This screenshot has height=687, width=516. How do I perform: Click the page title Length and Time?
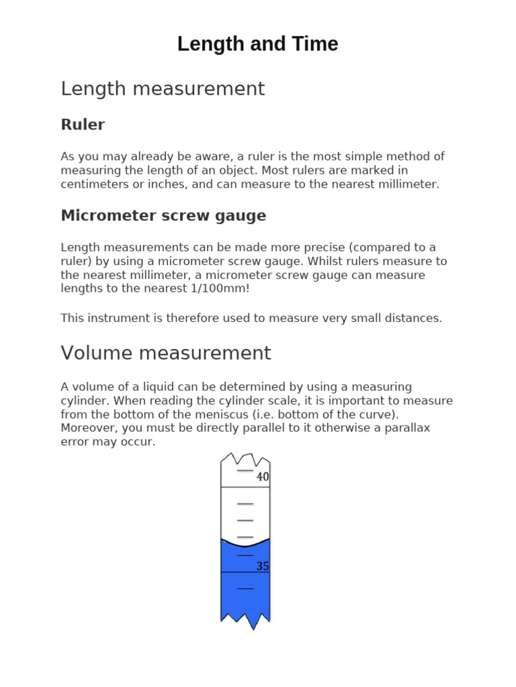[257, 44]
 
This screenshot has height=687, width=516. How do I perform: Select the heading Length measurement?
[163, 89]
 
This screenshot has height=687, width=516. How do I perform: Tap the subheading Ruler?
[83, 125]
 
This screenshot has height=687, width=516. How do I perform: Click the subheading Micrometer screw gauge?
[163, 216]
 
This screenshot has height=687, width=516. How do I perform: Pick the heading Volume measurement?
[166, 354]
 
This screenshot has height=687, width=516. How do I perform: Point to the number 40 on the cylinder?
[263, 477]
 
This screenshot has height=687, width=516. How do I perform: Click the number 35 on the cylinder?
[263, 566]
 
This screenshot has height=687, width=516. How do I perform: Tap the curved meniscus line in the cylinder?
[245, 542]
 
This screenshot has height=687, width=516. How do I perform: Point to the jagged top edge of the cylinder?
[245, 460]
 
